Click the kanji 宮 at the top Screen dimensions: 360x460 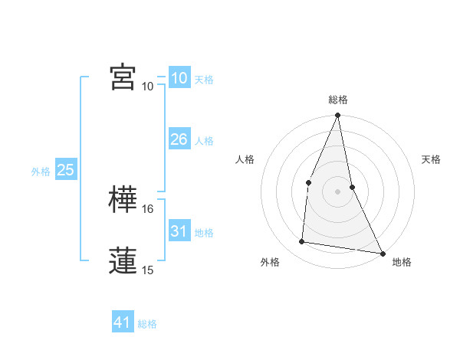(x=123, y=77)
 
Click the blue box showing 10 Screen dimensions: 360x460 (x=179, y=78)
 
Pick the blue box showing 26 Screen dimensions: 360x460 (x=179, y=139)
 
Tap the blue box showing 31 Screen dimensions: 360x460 (x=179, y=231)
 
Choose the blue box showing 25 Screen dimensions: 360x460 (x=66, y=170)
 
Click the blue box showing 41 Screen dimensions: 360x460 (x=123, y=322)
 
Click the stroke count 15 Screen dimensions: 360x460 (x=149, y=270)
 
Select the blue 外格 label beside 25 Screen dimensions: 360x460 (x=41, y=172)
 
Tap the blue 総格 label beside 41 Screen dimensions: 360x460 (x=147, y=324)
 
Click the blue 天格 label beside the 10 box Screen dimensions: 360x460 (x=204, y=80)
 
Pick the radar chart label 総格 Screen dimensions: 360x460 (x=337, y=100)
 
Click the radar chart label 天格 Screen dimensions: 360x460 (x=431, y=159)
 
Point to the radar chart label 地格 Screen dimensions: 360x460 (x=402, y=262)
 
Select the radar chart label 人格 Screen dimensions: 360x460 (x=245, y=159)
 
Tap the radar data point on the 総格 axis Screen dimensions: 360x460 (x=337, y=116)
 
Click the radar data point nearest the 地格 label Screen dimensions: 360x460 (x=381, y=253)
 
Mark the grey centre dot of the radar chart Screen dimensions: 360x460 (x=337, y=191)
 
